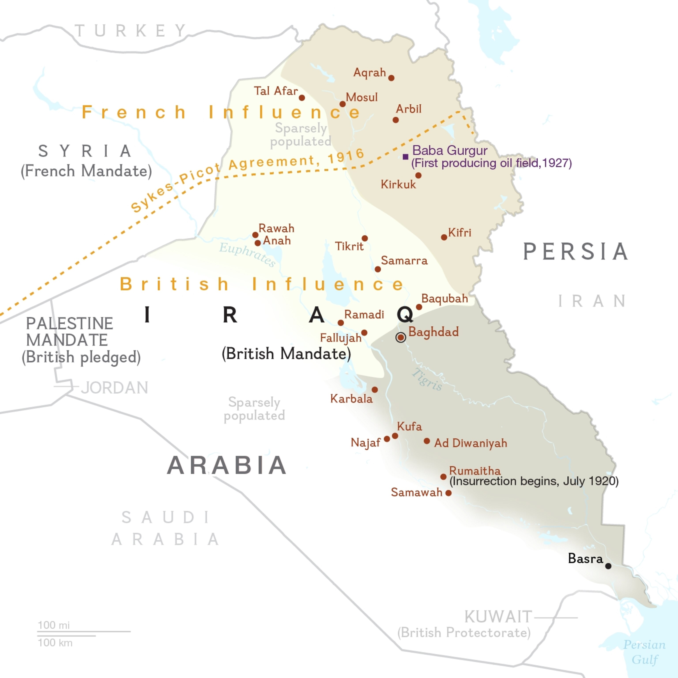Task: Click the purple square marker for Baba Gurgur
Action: (x=405, y=157)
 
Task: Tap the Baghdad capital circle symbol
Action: (x=401, y=337)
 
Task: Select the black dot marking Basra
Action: (x=608, y=566)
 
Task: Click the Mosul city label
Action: (x=362, y=97)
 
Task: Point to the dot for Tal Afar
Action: (x=302, y=98)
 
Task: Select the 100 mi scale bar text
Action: (x=54, y=625)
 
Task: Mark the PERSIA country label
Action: (x=576, y=252)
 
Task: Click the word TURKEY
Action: (x=131, y=31)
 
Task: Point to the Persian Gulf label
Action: (x=644, y=652)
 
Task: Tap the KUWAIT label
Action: (x=498, y=617)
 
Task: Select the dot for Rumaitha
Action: (x=443, y=476)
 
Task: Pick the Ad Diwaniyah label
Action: (x=470, y=443)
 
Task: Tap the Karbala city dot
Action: (x=375, y=390)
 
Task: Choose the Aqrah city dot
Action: (x=391, y=78)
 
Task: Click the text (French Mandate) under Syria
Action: (x=86, y=171)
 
